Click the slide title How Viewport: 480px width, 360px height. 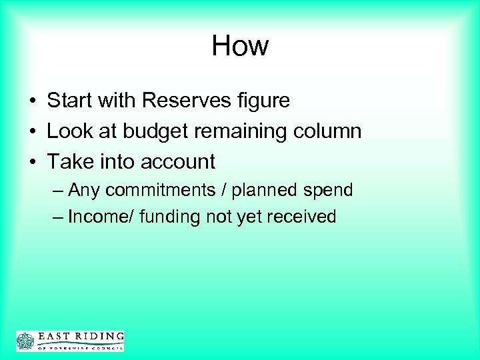tap(240, 46)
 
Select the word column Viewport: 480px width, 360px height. tap(328, 131)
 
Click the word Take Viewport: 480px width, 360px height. tap(67, 161)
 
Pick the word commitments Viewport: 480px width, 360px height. tap(153, 191)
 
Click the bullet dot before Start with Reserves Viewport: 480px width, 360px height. tap(32, 101)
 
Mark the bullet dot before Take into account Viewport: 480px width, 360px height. tap(32, 162)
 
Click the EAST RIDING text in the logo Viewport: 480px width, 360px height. tap(81, 336)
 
